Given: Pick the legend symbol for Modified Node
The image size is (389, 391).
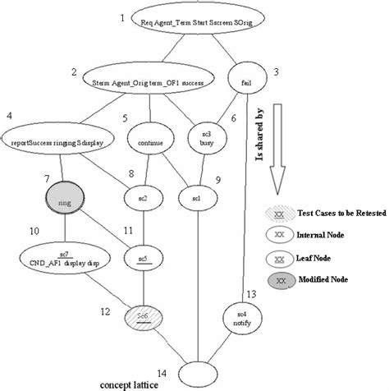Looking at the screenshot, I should coord(286,280).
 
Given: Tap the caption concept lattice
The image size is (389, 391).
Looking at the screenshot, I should coord(132,384).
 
